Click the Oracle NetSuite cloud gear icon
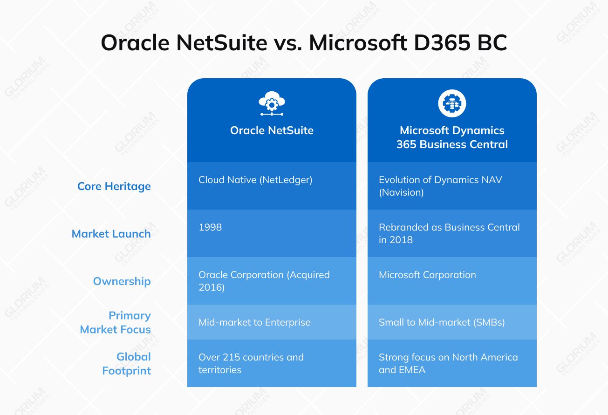coord(272,103)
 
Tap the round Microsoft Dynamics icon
coord(452,103)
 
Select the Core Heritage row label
coord(114,186)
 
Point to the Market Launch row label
coord(111,234)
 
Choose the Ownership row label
coord(122,281)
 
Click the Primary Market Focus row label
coord(116,322)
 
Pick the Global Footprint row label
coord(127,363)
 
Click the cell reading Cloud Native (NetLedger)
coord(255,180)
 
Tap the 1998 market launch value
coord(210,227)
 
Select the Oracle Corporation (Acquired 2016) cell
coord(264,281)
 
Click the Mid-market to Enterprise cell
coord(254,322)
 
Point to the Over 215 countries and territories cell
coord(251,363)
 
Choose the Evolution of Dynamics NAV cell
coord(440,186)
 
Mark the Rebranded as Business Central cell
coord(449,233)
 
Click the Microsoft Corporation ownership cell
coord(427,275)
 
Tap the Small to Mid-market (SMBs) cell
coord(442,322)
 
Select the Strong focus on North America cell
coord(448,363)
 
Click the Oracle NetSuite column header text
coord(272,130)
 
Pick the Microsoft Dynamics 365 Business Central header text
coord(452,137)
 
